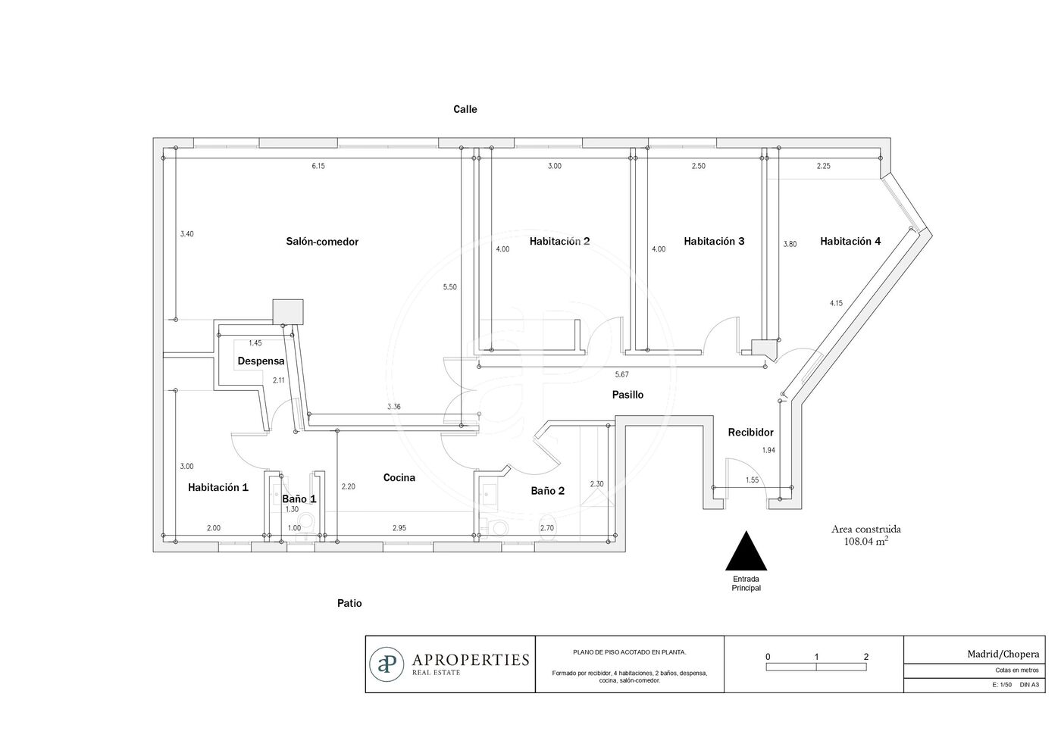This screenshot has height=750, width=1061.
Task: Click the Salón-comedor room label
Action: click(322, 242)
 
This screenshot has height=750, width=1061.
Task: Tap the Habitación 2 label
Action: click(559, 241)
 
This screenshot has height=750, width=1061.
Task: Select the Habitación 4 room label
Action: click(850, 241)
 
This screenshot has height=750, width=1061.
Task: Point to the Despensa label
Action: click(261, 361)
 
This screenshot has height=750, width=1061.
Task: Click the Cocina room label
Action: click(399, 478)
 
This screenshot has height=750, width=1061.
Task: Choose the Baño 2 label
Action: click(547, 491)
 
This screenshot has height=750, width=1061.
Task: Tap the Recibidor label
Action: click(751, 433)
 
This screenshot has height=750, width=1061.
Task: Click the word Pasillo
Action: click(628, 395)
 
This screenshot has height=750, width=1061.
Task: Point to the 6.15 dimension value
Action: click(318, 166)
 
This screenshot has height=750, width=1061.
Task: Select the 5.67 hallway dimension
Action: click(622, 374)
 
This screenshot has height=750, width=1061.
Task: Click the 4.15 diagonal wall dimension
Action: click(836, 303)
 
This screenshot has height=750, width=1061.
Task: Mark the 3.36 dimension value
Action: click(393, 407)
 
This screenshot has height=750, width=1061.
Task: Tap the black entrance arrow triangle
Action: click(746, 551)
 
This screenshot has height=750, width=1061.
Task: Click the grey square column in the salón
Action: click(288, 312)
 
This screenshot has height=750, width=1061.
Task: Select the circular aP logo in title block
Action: click(387, 664)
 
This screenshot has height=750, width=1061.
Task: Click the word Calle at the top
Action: click(465, 109)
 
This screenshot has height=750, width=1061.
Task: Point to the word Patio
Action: click(349, 603)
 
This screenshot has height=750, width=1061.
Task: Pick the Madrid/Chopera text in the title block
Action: click(1003, 655)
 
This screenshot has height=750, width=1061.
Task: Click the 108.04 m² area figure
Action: click(865, 541)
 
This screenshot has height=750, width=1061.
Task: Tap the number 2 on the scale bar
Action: click(866, 657)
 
